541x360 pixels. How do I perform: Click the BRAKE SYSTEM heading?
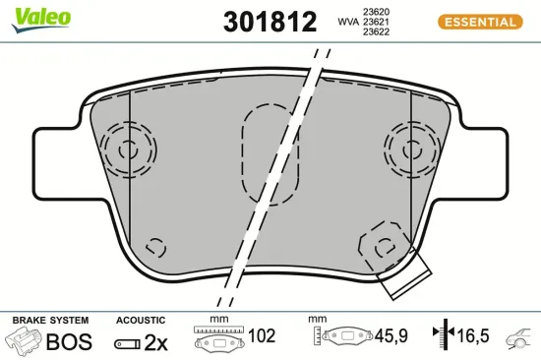50,321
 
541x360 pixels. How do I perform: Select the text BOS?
69,341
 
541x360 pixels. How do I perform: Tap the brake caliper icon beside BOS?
25,341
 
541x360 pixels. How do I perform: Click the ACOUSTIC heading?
141,321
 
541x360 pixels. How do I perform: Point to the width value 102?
261,336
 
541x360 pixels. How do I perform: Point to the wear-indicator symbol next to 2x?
127,343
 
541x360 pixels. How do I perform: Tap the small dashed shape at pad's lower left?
154,248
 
